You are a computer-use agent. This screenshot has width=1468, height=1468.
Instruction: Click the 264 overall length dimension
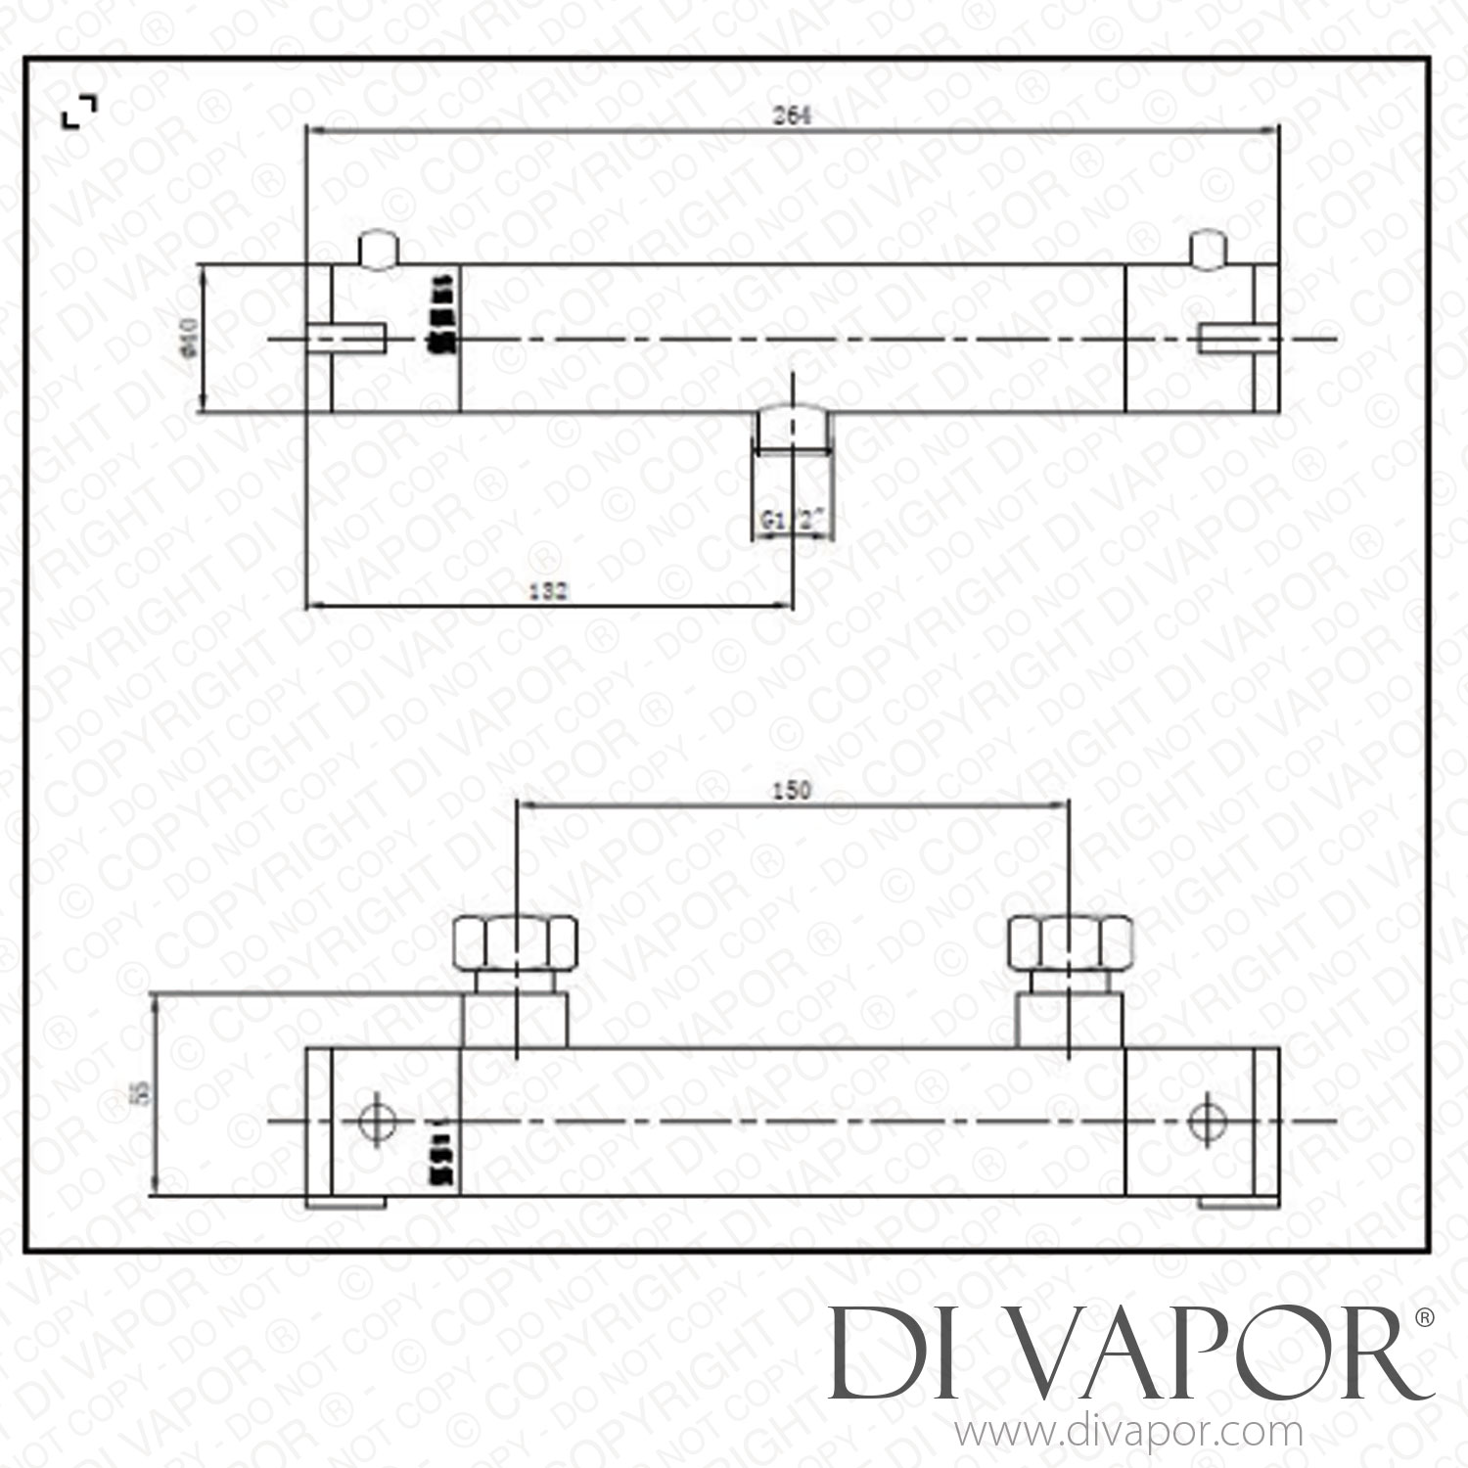(792, 115)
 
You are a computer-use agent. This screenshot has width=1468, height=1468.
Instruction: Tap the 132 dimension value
(548, 590)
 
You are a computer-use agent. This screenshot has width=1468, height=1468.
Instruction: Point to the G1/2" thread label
(794, 522)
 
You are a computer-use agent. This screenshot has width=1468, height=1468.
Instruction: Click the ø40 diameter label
(192, 338)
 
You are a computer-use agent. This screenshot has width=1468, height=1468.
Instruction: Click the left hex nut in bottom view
(516, 940)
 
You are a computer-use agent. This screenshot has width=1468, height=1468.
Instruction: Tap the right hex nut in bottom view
(1071, 940)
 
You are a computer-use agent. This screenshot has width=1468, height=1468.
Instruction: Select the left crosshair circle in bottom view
(376, 1121)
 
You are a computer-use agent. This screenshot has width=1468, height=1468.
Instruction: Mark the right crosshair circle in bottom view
(1206, 1121)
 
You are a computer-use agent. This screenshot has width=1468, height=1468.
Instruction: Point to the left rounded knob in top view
(379, 249)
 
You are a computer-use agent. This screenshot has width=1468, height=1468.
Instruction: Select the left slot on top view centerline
(347, 338)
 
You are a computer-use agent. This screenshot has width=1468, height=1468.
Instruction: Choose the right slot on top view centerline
(1239, 338)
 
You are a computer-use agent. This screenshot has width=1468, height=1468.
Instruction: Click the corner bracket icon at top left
(79, 112)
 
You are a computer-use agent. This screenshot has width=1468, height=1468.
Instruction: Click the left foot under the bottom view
(346, 1202)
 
